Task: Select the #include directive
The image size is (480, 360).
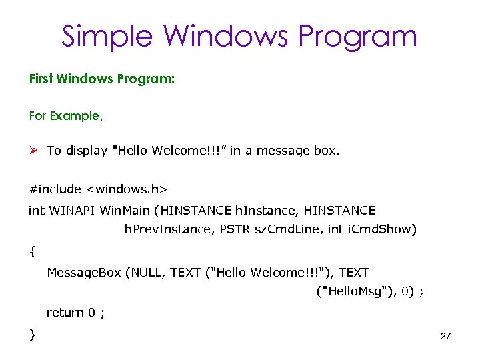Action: [53, 191]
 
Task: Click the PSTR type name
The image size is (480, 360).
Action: [235, 230]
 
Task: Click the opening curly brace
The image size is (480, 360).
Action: [33, 252]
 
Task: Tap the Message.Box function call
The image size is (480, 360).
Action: [83, 272]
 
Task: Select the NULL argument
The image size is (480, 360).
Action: [146, 272]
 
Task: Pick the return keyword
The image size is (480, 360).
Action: [65, 312]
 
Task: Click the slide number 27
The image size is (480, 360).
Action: [446, 337]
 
